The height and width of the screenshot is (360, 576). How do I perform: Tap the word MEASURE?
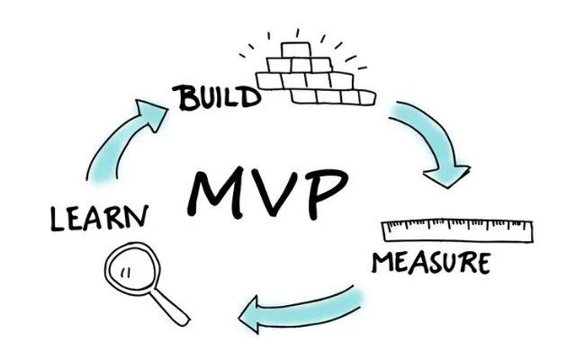430,263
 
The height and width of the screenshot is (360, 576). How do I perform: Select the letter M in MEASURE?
382,262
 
